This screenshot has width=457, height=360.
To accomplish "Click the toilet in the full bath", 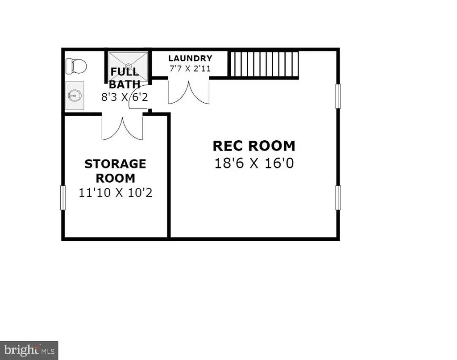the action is click(x=76, y=66).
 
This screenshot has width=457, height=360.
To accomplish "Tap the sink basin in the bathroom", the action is click(x=75, y=96).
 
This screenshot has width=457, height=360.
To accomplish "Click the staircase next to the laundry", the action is click(x=264, y=65).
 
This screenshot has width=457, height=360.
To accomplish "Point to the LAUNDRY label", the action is click(x=190, y=59).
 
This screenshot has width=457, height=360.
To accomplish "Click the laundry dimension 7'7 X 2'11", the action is click(x=190, y=69).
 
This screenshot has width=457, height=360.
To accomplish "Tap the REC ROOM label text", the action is click(x=254, y=146).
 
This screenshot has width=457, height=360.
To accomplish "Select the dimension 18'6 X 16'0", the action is click(x=254, y=163).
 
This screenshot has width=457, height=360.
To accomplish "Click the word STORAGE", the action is click(x=116, y=164).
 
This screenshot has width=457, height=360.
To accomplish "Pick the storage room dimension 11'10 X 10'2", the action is click(x=116, y=193).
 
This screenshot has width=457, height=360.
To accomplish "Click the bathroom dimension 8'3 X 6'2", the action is click(x=125, y=97).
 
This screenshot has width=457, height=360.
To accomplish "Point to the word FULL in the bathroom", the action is click(x=125, y=72).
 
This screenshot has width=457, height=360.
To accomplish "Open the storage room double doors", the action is click(x=122, y=127).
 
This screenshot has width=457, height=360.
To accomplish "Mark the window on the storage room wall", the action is click(x=62, y=197).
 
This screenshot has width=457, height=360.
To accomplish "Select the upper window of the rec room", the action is click(x=338, y=96).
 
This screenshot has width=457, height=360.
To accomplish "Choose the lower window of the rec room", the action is click(x=338, y=197).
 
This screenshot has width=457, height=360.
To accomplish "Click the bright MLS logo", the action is click(x=29, y=350).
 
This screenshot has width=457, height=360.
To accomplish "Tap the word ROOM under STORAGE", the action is click(x=116, y=178).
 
